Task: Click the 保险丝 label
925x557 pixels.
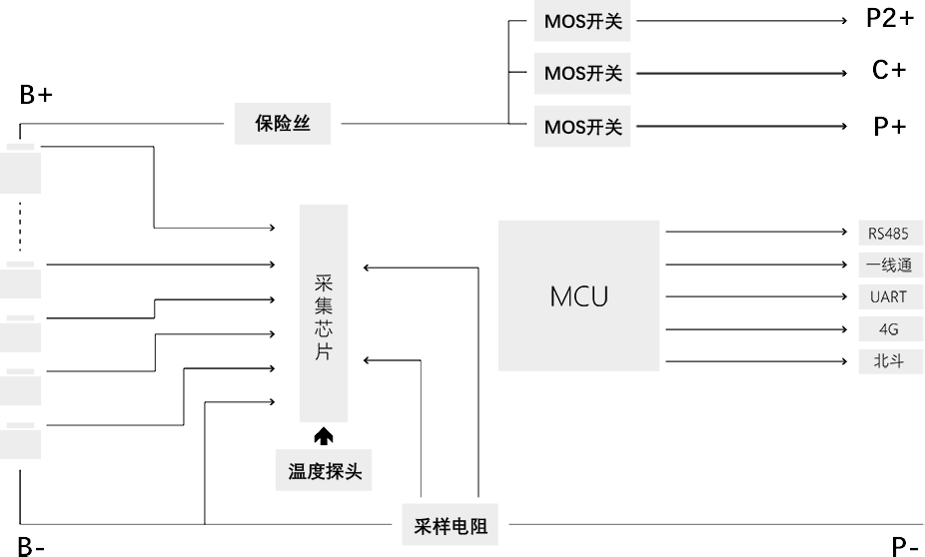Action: pos(283,125)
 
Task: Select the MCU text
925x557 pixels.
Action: pos(578,296)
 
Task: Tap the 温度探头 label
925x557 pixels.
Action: pos(325,472)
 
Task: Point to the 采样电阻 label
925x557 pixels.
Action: pos(451,526)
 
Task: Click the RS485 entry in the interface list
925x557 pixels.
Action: pos(888,235)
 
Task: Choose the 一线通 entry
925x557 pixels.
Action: pos(888,266)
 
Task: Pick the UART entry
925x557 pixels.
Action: pos(888,297)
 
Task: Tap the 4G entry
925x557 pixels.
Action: pos(888,329)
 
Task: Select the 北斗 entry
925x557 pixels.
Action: pos(888,361)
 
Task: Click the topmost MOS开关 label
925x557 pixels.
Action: pos(582,21)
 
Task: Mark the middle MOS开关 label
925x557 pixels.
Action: pos(582,74)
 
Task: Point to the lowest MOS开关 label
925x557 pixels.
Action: pos(582,128)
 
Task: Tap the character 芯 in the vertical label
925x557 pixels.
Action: pos(323,330)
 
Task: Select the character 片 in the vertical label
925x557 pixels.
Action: pos(323,353)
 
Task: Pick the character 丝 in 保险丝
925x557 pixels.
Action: pos(302,125)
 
